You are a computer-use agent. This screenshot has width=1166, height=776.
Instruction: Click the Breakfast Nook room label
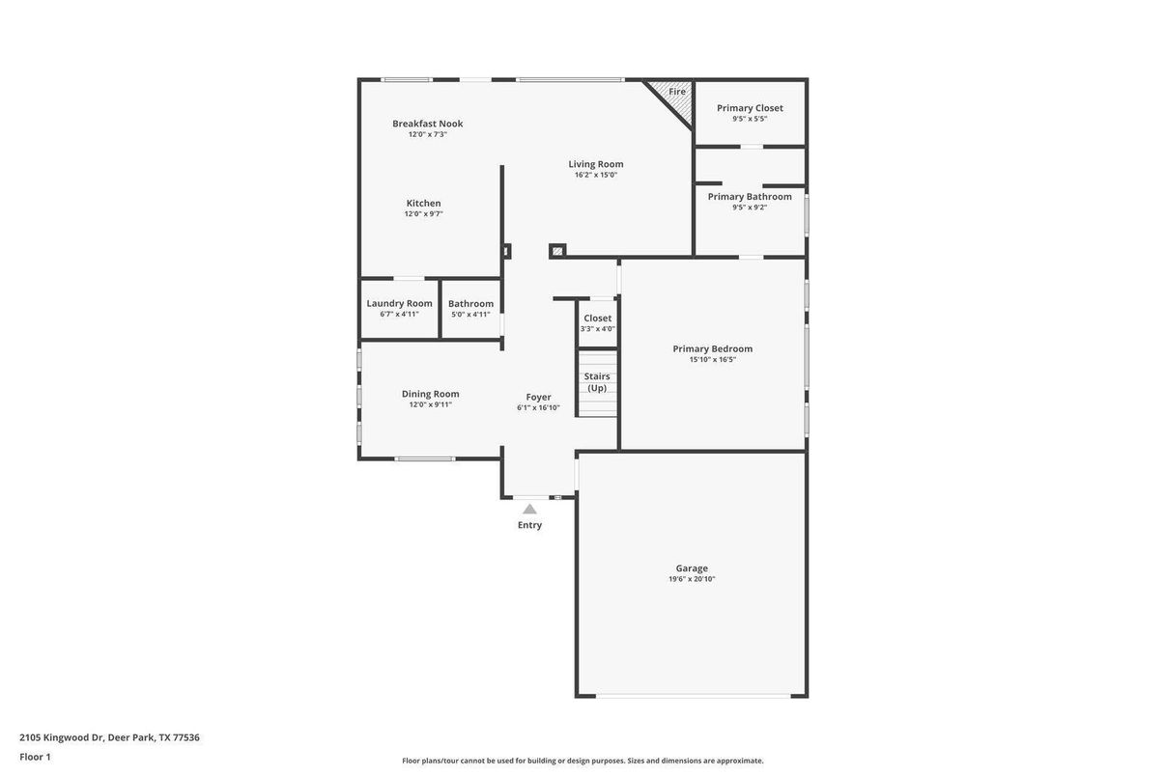[x=427, y=124]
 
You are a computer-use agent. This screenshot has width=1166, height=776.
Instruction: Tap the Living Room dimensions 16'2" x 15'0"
[x=595, y=176]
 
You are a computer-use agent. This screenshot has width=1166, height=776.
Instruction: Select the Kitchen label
[x=423, y=204]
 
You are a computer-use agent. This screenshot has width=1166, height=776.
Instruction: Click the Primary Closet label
[x=750, y=108]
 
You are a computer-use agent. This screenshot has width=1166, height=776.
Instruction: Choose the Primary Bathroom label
[x=750, y=197]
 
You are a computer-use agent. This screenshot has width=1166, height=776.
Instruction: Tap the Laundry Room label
[x=399, y=303]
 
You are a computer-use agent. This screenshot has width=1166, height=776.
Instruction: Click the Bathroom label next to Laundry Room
[x=470, y=304]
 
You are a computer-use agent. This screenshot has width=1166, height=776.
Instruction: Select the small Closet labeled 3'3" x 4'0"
[x=597, y=319]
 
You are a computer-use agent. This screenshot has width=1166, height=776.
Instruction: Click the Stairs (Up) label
[x=597, y=382]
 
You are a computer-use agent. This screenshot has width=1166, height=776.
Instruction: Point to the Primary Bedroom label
[x=712, y=349]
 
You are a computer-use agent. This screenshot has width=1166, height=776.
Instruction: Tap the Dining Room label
[x=430, y=394]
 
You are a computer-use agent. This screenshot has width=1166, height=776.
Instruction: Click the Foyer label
[x=538, y=397]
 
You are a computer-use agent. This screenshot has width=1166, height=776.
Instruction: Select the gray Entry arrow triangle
[x=529, y=509]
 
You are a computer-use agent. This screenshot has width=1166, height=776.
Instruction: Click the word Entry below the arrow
[x=529, y=525]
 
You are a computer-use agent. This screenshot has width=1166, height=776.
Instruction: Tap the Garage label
[x=692, y=568]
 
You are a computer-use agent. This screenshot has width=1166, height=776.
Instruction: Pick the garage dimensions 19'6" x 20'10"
[x=692, y=580]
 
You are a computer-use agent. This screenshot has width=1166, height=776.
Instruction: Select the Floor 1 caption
[x=35, y=757]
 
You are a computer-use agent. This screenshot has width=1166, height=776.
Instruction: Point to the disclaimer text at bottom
[x=583, y=761]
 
